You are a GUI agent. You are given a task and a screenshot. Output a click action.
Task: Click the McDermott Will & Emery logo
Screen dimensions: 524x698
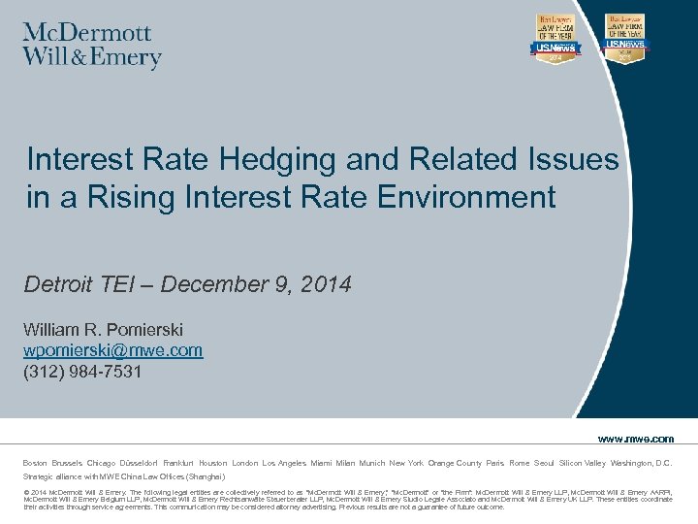click(x=92, y=46)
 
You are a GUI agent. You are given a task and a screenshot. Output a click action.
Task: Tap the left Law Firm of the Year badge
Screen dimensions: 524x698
click(x=555, y=40)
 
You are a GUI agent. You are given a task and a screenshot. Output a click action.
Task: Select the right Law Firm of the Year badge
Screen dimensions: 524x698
click(x=625, y=40)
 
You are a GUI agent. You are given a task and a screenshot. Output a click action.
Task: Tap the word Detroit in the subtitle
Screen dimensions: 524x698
click(x=61, y=284)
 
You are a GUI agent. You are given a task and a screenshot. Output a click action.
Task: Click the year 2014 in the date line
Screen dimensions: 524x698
click(x=323, y=284)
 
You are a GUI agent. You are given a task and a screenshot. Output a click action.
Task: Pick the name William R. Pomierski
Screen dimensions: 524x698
click(x=104, y=330)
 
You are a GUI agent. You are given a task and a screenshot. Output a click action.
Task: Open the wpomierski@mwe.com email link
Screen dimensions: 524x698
click(x=113, y=350)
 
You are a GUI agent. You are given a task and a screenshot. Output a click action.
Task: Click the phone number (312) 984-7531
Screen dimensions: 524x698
click(x=83, y=371)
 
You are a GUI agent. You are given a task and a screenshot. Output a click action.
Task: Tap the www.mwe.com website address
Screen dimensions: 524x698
click(x=636, y=439)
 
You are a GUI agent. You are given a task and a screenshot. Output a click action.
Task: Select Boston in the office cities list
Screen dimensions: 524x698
click(x=36, y=463)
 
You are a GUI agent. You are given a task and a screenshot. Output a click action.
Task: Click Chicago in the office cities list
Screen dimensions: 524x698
click(x=101, y=463)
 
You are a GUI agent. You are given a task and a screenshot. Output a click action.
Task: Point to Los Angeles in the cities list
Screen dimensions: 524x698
click(x=284, y=463)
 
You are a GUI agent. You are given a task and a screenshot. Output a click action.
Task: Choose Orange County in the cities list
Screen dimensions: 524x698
click(x=455, y=463)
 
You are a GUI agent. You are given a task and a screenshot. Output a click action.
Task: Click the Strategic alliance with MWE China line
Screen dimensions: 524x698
click(x=124, y=476)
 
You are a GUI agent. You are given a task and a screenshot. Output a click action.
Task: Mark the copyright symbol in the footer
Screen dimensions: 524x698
click(x=26, y=493)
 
